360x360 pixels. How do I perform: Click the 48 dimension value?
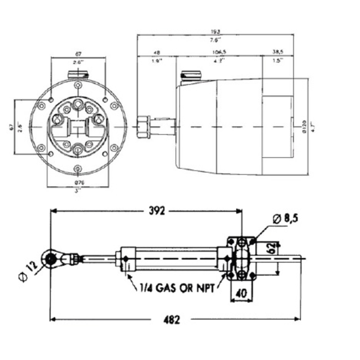(x=156, y=53)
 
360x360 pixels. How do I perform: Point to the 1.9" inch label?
(x=156, y=61)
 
